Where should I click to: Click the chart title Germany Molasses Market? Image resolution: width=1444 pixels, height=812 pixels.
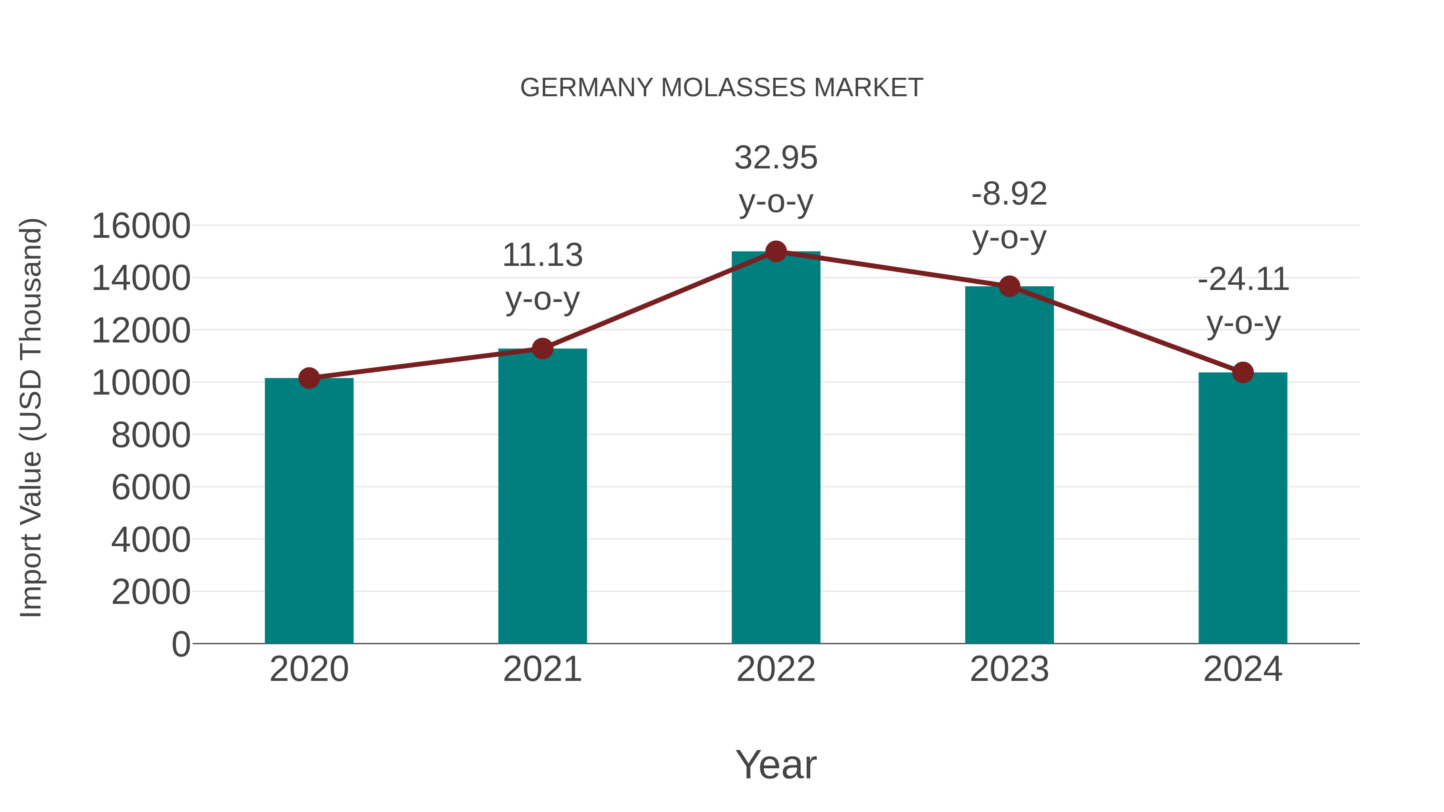point(722,88)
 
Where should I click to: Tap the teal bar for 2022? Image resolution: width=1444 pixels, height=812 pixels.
point(776,448)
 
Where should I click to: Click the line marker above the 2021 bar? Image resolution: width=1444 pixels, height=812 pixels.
point(542,348)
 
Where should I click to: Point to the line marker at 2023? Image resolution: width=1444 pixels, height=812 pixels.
point(1009,286)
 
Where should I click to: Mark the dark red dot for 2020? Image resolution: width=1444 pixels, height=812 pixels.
point(309,378)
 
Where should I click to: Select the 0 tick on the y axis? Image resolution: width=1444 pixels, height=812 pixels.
point(180,644)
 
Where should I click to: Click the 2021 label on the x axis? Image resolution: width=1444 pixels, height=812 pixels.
point(542,669)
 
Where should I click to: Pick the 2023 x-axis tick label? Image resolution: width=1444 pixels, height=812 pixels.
point(1009,669)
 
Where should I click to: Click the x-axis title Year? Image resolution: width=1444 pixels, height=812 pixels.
point(776,764)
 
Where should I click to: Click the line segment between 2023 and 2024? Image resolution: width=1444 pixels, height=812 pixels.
point(1126,330)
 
